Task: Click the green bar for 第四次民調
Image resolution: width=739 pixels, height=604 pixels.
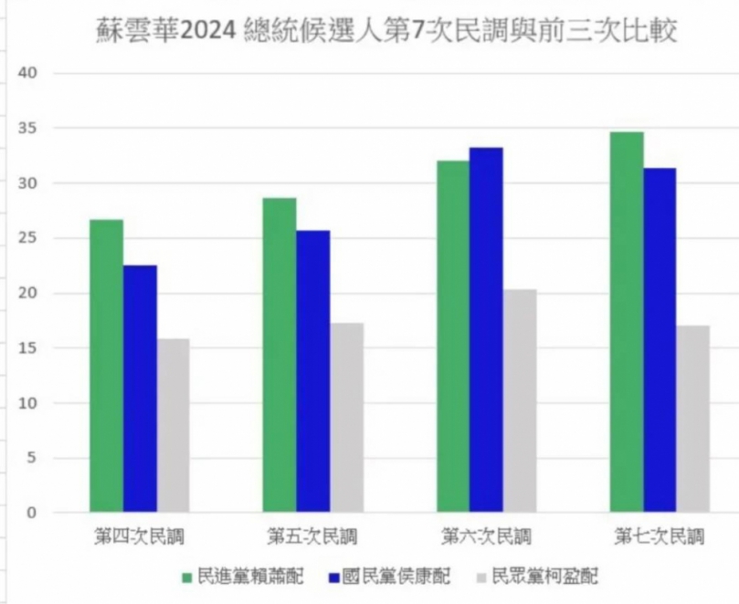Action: [106, 365]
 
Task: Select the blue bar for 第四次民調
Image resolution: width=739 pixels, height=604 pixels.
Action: [140, 388]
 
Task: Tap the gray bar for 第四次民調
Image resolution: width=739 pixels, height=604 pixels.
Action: [173, 424]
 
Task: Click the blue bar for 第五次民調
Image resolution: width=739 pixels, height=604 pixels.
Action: [313, 370]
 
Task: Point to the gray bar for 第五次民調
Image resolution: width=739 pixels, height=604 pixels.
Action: [346, 417]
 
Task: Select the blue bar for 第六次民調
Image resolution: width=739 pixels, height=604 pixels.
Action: [486, 328]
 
